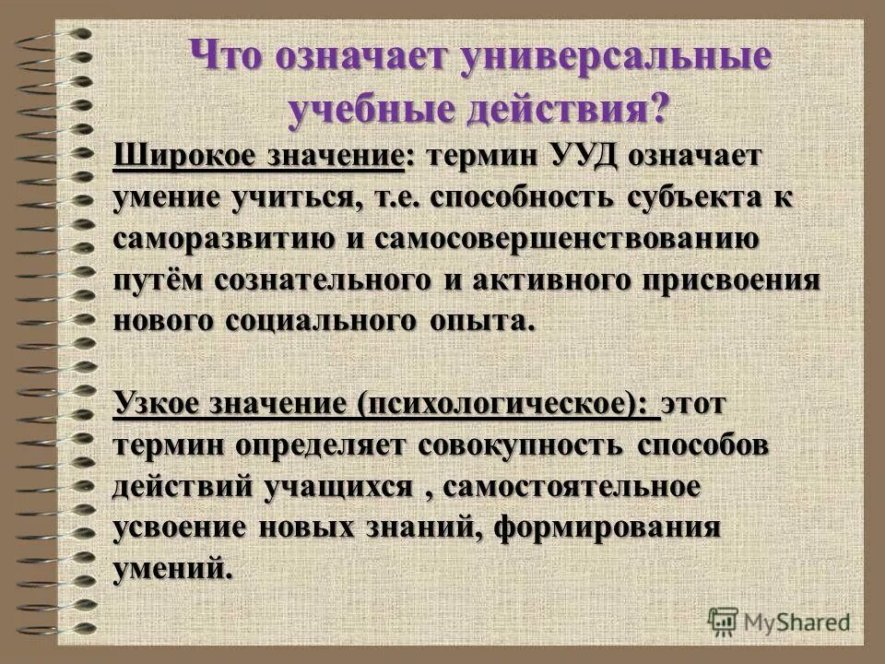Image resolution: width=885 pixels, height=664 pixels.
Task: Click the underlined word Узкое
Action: [x=159, y=404]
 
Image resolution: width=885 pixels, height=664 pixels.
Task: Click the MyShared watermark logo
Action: [x=779, y=620]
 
